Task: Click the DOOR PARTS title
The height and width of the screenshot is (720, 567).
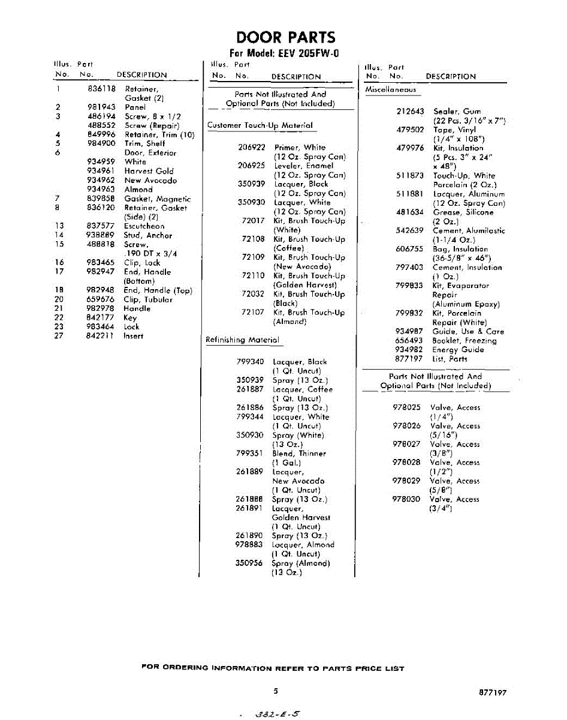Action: pos(285,37)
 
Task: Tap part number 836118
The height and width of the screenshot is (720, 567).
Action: pos(101,88)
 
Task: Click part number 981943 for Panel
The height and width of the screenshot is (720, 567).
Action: pos(101,107)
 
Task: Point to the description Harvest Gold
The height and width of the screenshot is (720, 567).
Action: pos(149,171)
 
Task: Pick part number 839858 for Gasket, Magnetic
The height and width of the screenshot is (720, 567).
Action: pos(101,199)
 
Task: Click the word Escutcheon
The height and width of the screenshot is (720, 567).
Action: pos(144,226)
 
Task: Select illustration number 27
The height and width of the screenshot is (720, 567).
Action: pos(59,336)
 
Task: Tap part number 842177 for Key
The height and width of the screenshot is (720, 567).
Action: pos(100,317)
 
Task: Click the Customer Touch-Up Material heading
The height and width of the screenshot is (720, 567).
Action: pos(260,125)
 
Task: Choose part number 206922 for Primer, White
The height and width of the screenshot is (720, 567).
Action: pos(252,147)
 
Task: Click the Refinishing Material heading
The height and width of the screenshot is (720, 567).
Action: pos(242,340)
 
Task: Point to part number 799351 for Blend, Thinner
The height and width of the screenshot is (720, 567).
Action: pos(250,454)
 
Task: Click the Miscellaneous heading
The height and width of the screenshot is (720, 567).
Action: pos(391,89)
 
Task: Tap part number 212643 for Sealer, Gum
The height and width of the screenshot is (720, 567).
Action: pos(410,112)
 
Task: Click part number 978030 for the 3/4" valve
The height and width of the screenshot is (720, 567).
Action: pos(406,499)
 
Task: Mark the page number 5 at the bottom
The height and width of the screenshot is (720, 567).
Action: pos(276,692)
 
